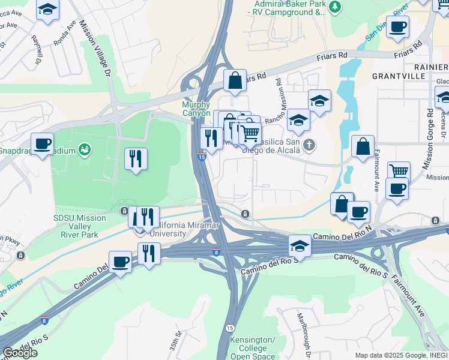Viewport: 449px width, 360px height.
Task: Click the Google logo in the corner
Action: (x=20, y=353)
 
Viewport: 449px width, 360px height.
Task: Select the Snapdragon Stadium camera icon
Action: (x=85, y=148)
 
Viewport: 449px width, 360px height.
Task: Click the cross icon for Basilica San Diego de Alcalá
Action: (x=309, y=144)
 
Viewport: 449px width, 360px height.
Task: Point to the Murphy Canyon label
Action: (x=196, y=109)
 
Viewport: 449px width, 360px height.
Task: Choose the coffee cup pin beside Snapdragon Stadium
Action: (x=42, y=143)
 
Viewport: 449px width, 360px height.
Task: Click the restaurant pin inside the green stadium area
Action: (x=136, y=158)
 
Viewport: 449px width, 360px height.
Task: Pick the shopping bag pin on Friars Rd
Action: (x=235, y=80)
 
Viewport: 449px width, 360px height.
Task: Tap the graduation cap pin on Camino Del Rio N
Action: (x=300, y=245)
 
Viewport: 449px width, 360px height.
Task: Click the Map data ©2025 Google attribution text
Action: (x=400, y=355)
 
